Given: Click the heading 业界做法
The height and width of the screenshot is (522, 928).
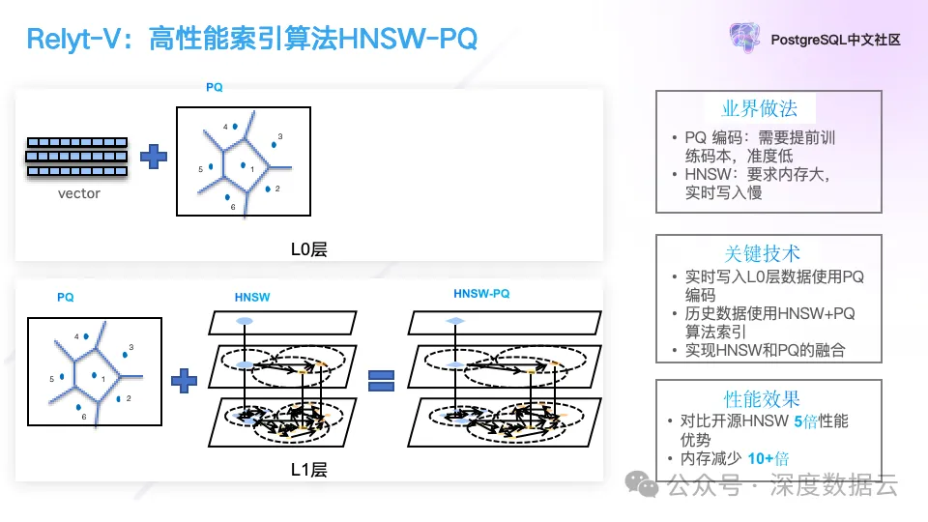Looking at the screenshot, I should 768,108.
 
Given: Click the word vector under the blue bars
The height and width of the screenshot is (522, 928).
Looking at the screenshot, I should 79,193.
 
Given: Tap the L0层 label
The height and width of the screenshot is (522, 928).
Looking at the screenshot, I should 309,249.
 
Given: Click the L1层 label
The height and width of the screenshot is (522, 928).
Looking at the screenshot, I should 309,470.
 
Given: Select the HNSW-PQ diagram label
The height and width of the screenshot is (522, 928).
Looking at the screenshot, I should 481,294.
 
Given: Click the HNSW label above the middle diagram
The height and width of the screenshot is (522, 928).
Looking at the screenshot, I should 254,298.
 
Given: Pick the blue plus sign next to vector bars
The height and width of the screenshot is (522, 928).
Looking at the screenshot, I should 153,157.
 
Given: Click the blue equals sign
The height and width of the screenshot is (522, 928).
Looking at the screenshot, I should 383,379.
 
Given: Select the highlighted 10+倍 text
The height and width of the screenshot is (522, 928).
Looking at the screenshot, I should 768,459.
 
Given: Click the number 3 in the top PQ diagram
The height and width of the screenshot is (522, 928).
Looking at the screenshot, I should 280,136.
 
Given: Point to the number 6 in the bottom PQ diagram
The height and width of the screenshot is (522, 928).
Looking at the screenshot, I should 84,417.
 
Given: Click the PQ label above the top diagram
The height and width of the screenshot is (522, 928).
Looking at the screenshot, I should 215,87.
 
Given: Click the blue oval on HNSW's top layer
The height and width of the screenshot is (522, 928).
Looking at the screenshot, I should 245,320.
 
